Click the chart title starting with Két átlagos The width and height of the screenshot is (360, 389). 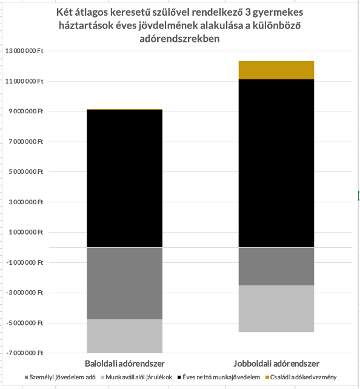(179, 25)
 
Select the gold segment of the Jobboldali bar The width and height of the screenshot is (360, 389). (276, 70)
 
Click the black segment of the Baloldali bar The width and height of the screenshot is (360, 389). (125, 178)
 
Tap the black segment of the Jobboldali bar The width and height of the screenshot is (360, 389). (276, 163)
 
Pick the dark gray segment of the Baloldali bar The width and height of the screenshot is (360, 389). (125, 284)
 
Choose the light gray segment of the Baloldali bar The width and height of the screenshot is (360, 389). (125, 336)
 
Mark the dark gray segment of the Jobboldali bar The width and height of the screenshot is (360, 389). (276, 267)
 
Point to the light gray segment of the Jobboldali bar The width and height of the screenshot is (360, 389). (276, 308)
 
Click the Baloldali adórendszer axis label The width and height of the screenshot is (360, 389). (125, 364)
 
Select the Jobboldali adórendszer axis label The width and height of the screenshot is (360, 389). (276, 364)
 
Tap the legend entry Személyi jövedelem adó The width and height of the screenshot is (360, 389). (60, 377)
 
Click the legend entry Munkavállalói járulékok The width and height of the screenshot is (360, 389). (137, 377)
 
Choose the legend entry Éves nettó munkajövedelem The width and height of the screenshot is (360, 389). (219, 377)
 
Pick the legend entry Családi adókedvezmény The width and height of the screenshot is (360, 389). (301, 377)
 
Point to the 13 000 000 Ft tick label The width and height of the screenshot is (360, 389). (24, 51)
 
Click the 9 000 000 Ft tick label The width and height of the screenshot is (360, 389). (26, 111)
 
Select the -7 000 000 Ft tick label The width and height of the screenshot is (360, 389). (25, 353)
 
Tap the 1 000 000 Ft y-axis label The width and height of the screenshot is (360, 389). (26, 232)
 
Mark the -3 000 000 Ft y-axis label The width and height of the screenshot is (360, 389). (25, 293)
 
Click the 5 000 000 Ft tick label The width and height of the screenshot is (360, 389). (26, 171)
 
